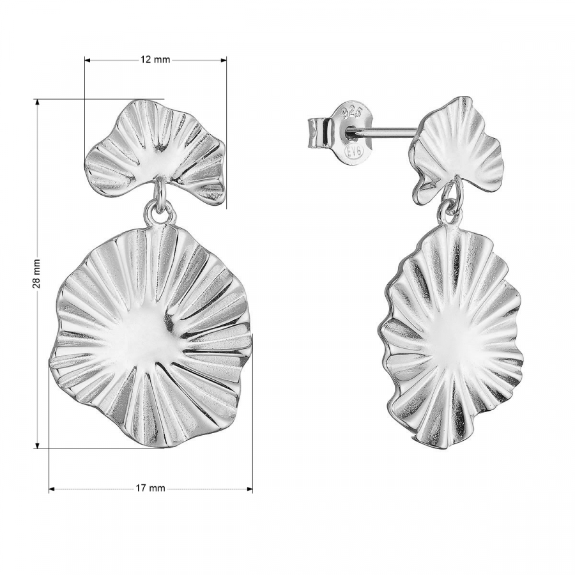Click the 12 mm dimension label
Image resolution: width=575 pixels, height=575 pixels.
click(x=155, y=59)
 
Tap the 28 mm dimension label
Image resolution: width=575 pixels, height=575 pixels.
click(x=36, y=273)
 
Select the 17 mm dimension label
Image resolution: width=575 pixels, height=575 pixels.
click(x=150, y=488)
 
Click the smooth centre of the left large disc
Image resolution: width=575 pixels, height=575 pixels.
click(x=141, y=341)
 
